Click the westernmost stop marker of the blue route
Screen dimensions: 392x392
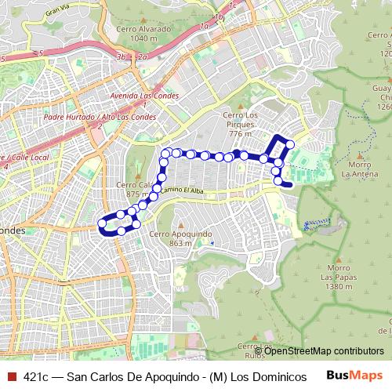[102, 226]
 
